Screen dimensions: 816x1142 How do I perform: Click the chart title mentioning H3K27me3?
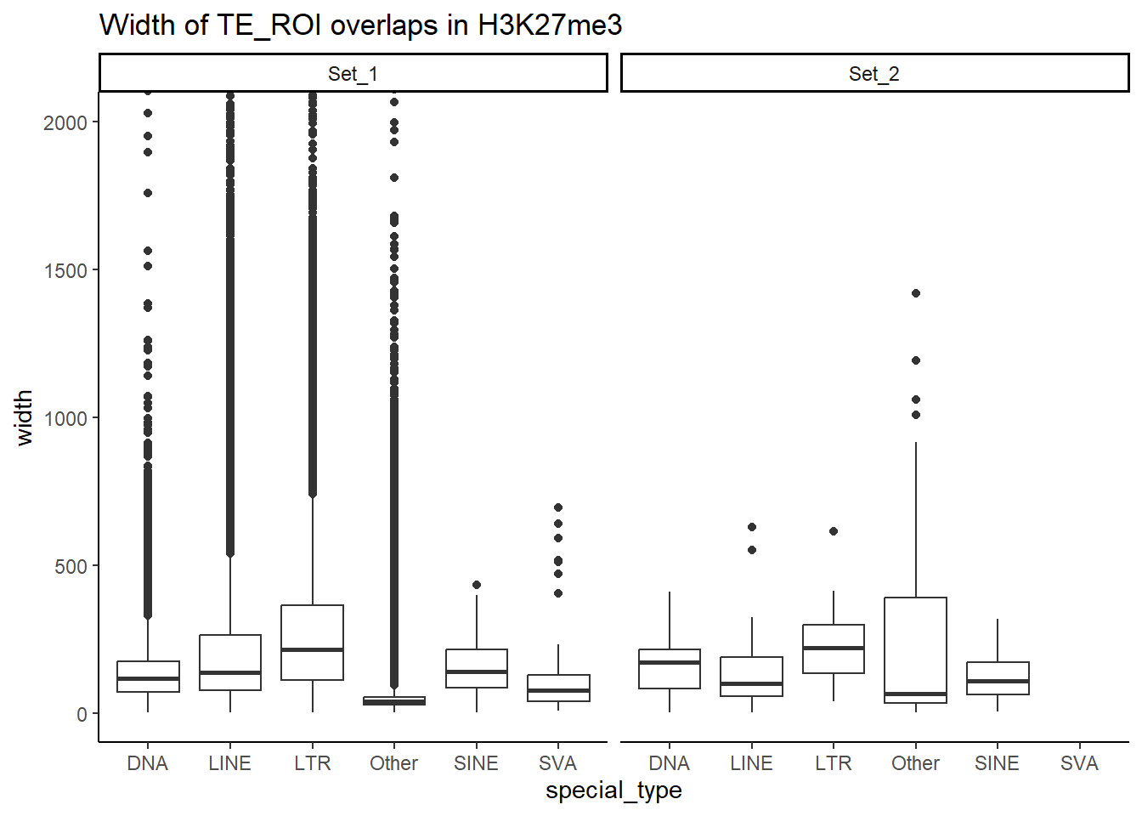coord(360,25)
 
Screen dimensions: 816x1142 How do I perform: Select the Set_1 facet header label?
coord(353,74)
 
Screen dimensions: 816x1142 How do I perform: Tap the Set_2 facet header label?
coord(873,74)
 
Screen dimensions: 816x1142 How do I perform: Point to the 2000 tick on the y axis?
coord(66,122)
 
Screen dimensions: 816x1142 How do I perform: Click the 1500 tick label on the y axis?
coord(66,270)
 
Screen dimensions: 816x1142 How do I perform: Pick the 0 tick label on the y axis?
coord(82,714)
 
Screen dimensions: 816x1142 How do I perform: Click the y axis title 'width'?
coord(24,417)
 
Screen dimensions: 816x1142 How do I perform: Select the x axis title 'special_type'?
coord(613,790)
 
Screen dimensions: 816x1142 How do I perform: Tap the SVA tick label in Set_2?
coord(1079,763)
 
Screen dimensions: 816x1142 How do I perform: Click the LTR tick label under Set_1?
coord(312,763)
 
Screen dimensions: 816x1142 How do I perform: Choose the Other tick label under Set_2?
coord(915,763)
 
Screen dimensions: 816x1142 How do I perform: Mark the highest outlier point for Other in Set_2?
coord(916,293)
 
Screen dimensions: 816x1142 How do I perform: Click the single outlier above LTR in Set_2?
coord(834,531)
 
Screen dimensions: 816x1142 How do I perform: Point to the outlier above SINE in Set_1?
coord(477,585)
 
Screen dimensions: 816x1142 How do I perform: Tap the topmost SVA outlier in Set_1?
coord(558,507)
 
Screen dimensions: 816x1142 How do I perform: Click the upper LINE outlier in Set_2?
coord(752,527)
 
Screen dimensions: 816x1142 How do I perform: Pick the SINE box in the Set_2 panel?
coord(998,678)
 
